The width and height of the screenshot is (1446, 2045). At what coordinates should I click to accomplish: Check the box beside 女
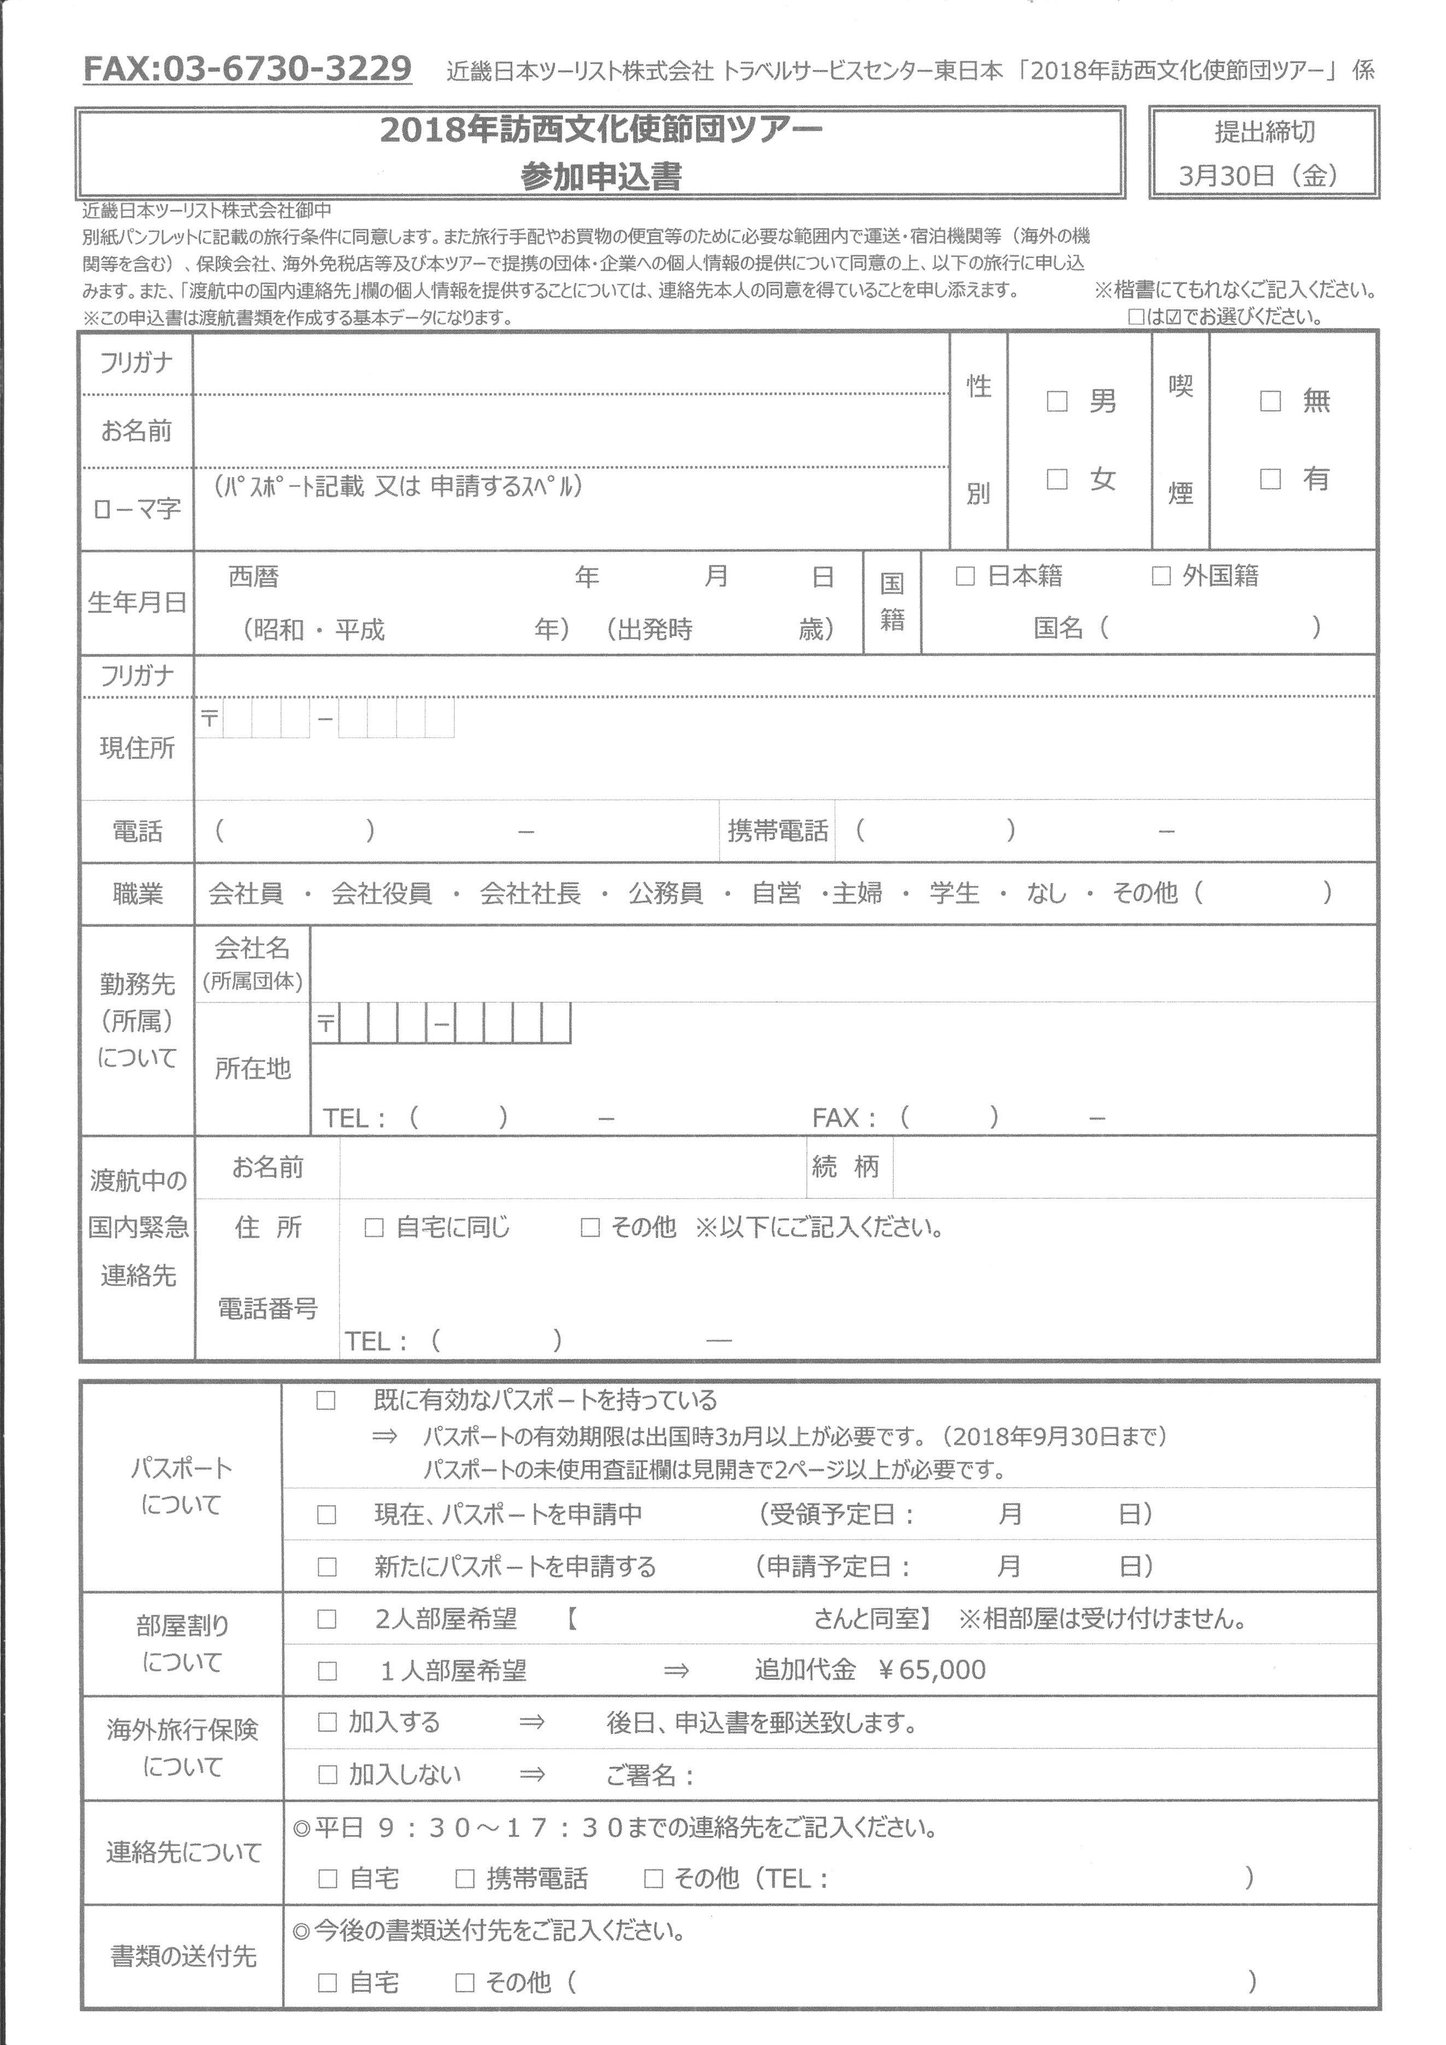tap(1057, 479)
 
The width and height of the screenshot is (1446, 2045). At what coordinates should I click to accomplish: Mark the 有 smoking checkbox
tap(1271, 479)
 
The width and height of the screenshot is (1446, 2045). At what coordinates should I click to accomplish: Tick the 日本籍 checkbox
tap(965, 576)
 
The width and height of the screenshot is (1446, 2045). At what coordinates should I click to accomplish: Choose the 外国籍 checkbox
tap(1161, 576)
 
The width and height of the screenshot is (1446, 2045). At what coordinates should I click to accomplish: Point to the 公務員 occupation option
tap(665, 893)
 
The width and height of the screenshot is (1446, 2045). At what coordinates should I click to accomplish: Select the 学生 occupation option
tap(954, 893)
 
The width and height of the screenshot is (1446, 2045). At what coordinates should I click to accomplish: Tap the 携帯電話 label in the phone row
tap(778, 831)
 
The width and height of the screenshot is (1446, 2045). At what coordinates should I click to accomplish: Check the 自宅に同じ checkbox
tap(374, 1228)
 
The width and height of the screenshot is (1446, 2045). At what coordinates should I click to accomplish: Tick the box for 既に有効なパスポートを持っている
tap(326, 1401)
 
